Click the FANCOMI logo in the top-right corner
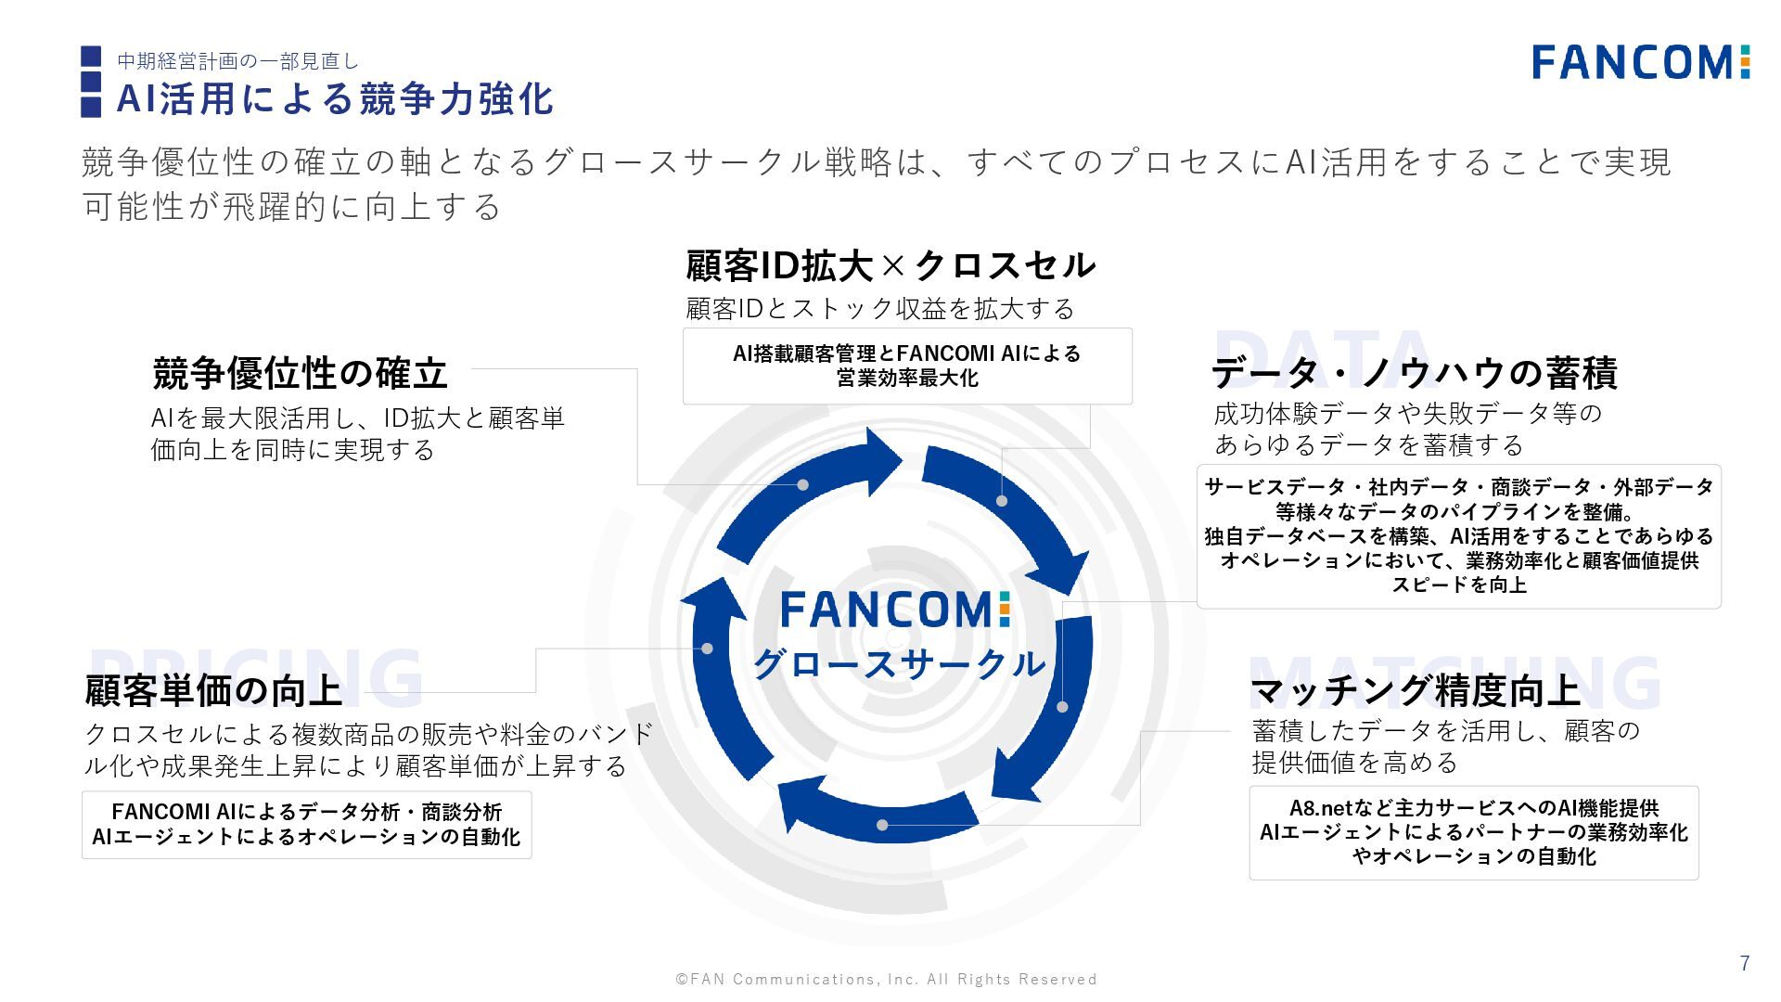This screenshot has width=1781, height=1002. (x=1640, y=62)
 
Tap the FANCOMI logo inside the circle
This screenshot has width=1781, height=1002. (x=894, y=610)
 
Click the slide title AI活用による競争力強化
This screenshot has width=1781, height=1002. (x=335, y=99)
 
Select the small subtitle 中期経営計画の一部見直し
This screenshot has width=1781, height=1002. (x=237, y=61)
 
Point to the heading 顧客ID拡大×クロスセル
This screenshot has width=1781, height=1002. (x=890, y=266)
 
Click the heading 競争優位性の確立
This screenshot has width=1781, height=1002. (x=300, y=373)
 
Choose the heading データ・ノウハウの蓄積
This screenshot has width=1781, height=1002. (x=1414, y=373)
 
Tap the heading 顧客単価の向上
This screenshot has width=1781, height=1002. (x=213, y=690)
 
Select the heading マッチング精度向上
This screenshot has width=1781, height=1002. (x=1414, y=690)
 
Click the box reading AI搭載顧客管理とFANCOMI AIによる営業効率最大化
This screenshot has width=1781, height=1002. (x=907, y=366)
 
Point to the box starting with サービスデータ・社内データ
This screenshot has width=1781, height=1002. (x=1458, y=536)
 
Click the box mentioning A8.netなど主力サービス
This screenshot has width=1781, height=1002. (x=1473, y=832)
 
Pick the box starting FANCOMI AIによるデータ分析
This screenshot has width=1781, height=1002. (x=306, y=824)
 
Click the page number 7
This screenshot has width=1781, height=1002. (x=1745, y=963)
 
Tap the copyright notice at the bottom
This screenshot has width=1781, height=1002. (x=886, y=979)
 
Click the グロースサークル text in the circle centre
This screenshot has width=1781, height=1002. (x=898, y=663)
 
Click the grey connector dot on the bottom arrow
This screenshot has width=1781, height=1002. (x=882, y=825)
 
